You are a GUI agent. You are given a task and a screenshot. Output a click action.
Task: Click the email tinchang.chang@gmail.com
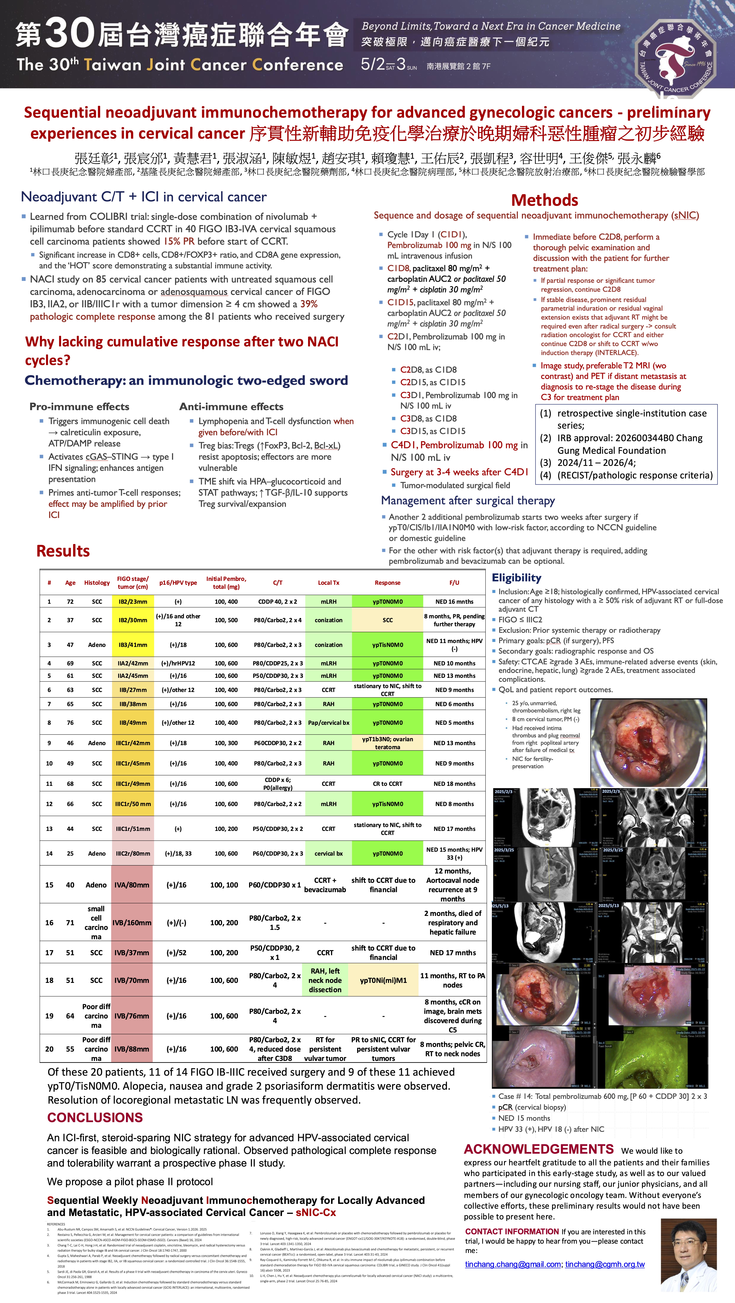(513, 1264)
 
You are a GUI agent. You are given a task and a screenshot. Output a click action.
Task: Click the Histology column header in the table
(97, 583)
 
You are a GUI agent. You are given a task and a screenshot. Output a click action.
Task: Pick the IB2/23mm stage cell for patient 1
(133, 601)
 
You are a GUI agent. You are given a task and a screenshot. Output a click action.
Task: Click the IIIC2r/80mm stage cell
(133, 853)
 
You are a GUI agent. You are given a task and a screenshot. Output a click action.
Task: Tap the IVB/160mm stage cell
(132, 923)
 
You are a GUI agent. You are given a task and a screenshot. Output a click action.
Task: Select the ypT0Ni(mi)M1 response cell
(383, 980)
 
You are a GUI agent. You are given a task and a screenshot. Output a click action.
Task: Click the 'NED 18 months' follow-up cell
(454, 784)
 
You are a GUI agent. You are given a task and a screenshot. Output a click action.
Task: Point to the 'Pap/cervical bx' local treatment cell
(329, 723)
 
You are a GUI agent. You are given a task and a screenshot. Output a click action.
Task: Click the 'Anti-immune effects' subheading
(231, 407)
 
